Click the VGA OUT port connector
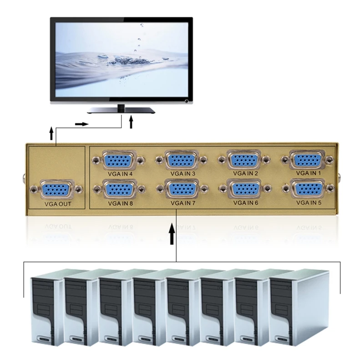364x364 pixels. click(56, 190)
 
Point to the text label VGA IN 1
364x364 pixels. click(308, 173)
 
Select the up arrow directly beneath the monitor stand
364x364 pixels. click(132, 122)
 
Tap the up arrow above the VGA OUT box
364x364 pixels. click(51, 134)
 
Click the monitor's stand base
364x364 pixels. click(121, 111)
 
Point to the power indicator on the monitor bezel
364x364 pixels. click(186, 100)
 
